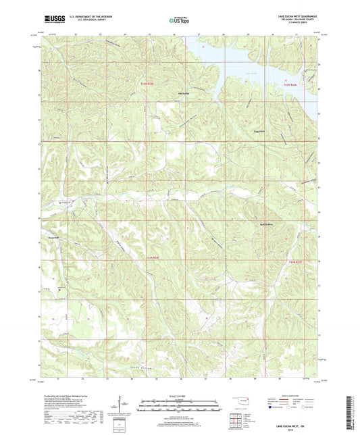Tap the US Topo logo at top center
pyautogui.click(x=179, y=21)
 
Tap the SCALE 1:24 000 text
pyautogui.click(x=180, y=395)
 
